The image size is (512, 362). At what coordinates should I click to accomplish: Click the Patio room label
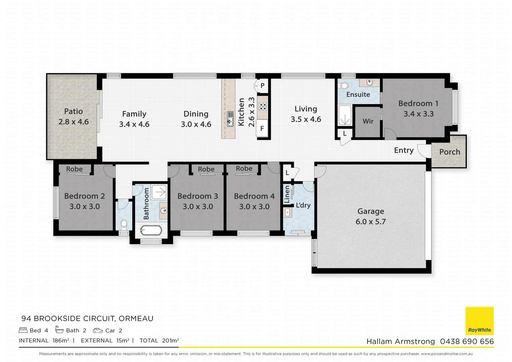pyautogui.click(x=73, y=111)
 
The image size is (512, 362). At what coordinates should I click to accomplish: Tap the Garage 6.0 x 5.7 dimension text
pyautogui.click(x=371, y=222)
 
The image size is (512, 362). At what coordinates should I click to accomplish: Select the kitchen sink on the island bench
pyautogui.click(x=230, y=119)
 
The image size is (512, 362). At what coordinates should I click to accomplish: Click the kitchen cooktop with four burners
pyautogui.click(x=262, y=107)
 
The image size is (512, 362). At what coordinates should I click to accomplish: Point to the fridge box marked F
pyautogui.click(x=262, y=128)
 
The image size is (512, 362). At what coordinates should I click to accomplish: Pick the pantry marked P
pyautogui.click(x=262, y=85)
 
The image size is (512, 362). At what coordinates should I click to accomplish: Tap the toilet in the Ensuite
pyautogui.click(x=344, y=86)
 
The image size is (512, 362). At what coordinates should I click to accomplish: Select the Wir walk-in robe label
pyautogui.click(x=368, y=121)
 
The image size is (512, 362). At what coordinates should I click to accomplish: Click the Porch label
pyautogui.click(x=450, y=152)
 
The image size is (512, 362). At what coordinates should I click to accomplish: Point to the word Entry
pyautogui.click(x=404, y=150)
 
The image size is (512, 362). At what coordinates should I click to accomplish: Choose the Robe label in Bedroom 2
pyautogui.click(x=74, y=169)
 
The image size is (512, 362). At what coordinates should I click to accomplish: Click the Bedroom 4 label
pyautogui.click(x=254, y=196)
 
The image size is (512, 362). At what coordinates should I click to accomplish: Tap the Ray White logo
pyautogui.click(x=479, y=321)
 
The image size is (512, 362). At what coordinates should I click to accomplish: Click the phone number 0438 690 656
pyautogui.click(x=467, y=341)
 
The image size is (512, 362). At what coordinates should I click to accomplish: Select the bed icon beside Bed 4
pyautogui.click(x=23, y=330)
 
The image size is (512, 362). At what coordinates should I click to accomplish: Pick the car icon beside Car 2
pyautogui.click(x=98, y=330)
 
